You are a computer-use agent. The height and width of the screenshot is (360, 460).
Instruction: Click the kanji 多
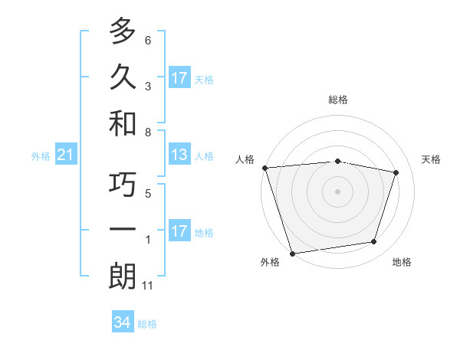coord(123,32)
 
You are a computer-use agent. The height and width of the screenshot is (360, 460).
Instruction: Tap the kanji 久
coord(123,77)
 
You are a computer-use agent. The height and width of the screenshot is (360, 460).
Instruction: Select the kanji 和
coord(123,122)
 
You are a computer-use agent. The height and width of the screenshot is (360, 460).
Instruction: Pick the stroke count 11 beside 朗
coord(148,286)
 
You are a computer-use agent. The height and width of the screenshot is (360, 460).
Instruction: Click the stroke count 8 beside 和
coord(148,132)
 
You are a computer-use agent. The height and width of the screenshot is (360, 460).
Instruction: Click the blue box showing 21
coord(66,155)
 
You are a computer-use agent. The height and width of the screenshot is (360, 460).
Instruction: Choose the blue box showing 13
coord(179,155)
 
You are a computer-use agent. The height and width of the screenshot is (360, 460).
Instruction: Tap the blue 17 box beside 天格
coord(179,78)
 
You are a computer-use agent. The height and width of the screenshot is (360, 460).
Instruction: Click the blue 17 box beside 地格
coord(179,231)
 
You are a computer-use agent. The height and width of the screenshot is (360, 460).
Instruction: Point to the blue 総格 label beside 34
coord(147,324)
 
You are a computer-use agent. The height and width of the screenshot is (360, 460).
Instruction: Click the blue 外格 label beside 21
coord(41,156)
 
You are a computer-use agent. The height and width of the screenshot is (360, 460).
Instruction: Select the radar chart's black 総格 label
coord(338,100)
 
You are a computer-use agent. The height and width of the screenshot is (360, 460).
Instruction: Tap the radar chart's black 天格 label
coord(432,159)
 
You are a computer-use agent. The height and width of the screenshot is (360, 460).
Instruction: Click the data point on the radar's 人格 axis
coord(265,167)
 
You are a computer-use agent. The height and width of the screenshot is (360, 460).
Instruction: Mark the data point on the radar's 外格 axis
coord(293,253)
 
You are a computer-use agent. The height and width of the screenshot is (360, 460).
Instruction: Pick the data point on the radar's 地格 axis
coord(374,242)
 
